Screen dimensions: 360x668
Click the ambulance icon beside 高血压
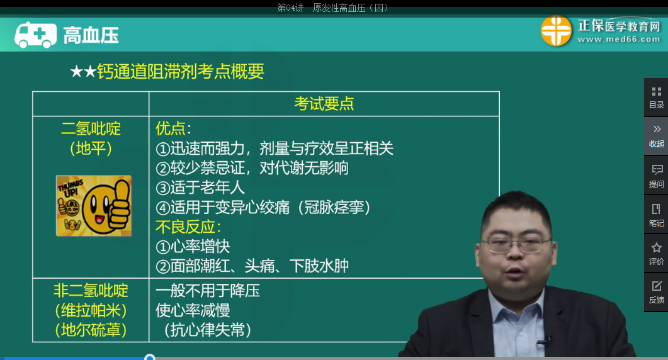pyautogui.click(x=35, y=35)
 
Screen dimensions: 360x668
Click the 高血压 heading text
pyautogui.click(x=91, y=35)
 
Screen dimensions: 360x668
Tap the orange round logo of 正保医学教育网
pyautogui.click(x=556, y=31)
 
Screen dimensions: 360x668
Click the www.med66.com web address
pyautogui.click(x=618, y=40)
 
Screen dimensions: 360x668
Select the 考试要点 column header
pyautogui.click(x=324, y=104)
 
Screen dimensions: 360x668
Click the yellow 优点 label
pyautogui.click(x=173, y=128)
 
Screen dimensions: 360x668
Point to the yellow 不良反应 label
pyautogui.click(x=188, y=227)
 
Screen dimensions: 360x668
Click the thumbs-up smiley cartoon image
pyautogui.click(x=94, y=206)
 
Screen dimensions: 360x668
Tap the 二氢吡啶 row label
pyautogui.click(x=91, y=129)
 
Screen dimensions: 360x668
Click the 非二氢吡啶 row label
pyautogui.click(x=91, y=290)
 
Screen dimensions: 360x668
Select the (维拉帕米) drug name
pyautogui.click(x=91, y=310)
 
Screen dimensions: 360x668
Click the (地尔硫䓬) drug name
pyautogui.click(x=91, y=330)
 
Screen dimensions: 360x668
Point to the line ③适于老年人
pyautogui.click(x=200, y=187)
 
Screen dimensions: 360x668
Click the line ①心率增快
pyautogui.click(x=193, y=246)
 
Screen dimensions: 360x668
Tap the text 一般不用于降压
pyautogui.click(x=208, y=290)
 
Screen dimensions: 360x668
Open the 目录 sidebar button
pyautogui.click(x=656, y=97)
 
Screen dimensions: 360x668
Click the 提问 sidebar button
pyautogui.click(x=656, y=176)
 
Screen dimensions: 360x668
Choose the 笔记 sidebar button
pyautogui.click(x=656, y=215)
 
